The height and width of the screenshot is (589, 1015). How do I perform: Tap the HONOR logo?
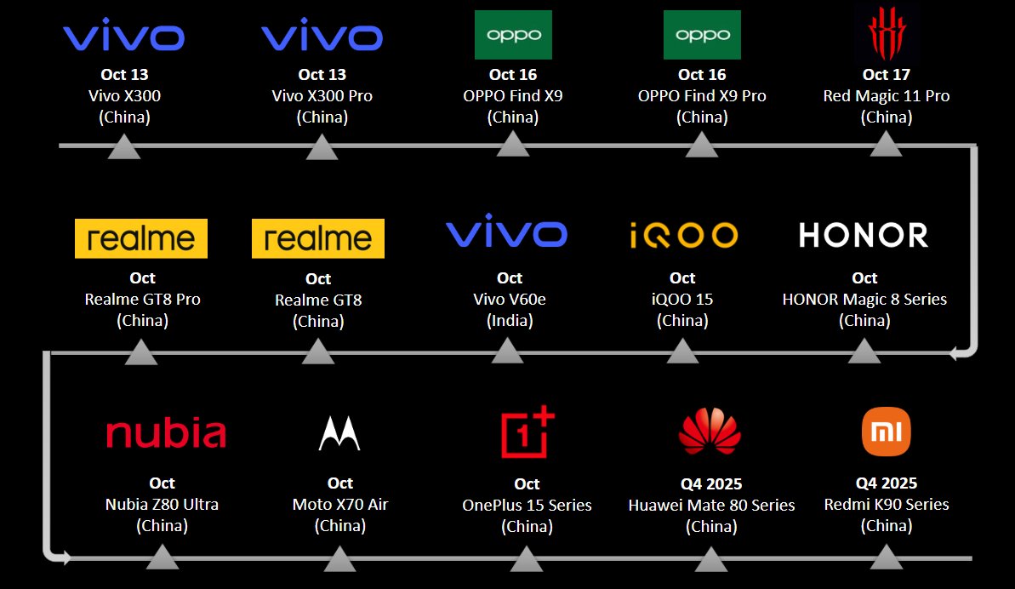(863, 235)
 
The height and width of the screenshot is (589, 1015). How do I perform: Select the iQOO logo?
(683, 235)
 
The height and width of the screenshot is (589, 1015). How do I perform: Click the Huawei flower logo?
(710, 431)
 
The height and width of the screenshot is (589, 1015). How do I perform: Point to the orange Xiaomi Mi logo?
(886, 431)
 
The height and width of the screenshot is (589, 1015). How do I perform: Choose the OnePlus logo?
(527, 432)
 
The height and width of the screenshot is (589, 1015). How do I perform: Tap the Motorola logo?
(339, 433)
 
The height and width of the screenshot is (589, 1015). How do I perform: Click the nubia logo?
(166, 433)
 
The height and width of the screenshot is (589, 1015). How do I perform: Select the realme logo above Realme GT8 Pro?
(141, 238)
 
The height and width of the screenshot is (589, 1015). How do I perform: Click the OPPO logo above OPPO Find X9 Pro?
(702, 35)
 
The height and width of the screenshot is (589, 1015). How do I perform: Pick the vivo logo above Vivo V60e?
(506, 234)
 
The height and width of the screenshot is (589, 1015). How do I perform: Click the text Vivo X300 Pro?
(322, 96)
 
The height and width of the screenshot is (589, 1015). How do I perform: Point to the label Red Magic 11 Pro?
(887, 96)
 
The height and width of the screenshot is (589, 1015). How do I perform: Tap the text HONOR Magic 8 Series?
(864, 300)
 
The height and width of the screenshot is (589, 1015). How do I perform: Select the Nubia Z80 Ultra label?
(162, 505)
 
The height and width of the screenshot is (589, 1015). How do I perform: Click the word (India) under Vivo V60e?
(510, 321)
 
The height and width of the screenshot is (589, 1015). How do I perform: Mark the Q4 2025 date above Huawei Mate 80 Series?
(711, 483)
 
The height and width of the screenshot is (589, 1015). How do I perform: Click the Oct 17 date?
(887, 75)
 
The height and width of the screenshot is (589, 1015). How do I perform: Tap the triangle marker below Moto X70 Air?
(339, 559)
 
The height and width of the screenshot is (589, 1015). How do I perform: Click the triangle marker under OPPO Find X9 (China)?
(512, 144)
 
